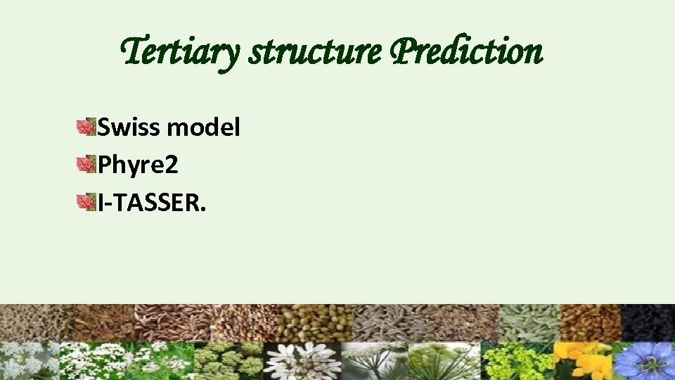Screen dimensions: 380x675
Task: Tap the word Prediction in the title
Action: point(466,51)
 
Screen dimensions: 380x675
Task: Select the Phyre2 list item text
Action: point(138,165)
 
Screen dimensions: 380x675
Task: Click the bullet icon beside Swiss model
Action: point(86,127)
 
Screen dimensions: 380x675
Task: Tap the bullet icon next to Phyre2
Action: point(86,165)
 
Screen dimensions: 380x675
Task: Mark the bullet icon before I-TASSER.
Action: point(86,203)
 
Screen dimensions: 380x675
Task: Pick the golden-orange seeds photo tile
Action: point(590,322)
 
